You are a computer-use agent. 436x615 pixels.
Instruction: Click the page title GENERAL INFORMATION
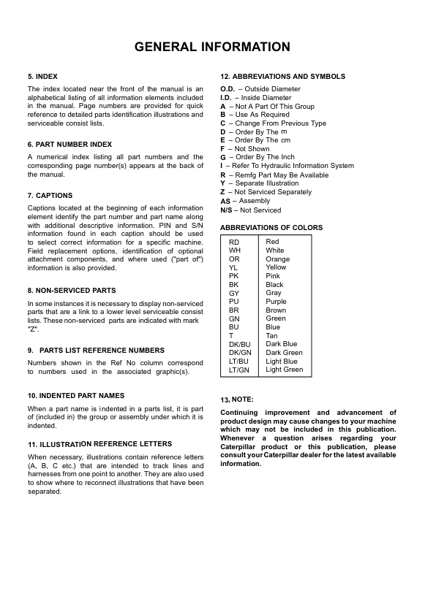(x=212, y=47)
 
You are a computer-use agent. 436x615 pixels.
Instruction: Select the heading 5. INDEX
(x=42, y=76)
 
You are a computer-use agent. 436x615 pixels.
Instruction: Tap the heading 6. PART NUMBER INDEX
(x=69, y=145)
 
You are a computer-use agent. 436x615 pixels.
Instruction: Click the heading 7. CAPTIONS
(x=50, y=196)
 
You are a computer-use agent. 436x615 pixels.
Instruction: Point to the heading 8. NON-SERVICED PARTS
(x=72, y=290)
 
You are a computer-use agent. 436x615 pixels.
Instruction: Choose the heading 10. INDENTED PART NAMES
(x=76, y=395)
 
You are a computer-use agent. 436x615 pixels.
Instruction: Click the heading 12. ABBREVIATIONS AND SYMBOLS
(x=282, y=76)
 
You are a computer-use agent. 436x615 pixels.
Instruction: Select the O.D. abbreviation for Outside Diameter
(x=228, y=89)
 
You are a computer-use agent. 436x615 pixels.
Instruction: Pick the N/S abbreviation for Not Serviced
(x=227, y=210)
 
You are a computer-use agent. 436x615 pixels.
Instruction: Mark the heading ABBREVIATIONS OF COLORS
(x=271, y=228)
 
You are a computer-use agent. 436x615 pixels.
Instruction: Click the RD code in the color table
(x=234, y=242)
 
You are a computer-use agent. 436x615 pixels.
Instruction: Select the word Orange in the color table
(x=277, y=259)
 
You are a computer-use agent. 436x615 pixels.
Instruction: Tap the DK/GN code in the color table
(x=239, y=353)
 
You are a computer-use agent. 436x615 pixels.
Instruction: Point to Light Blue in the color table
(x=282, y=361)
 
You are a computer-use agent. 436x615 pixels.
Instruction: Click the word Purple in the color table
(x=276, y=301)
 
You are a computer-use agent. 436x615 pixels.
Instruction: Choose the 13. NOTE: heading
(x=237, y=400)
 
